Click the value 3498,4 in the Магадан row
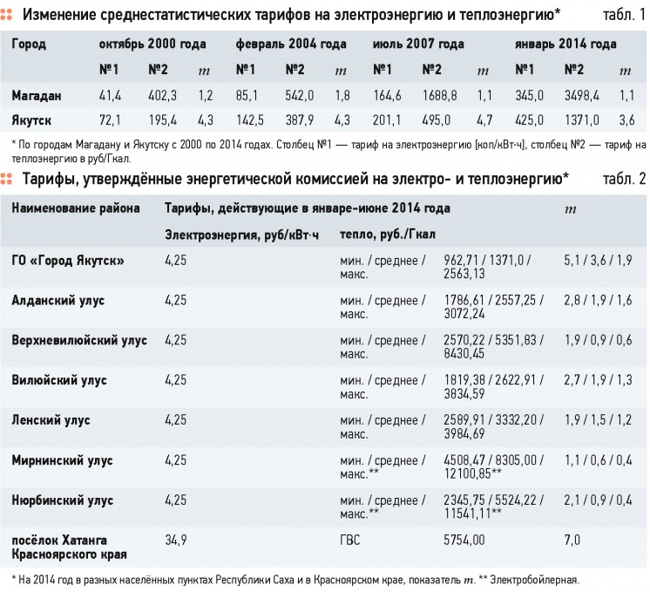pos(581,96)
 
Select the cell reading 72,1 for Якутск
pos(110,120)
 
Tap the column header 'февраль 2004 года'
pos(291,44)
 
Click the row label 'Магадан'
pos(37,96)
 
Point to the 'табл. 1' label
pos(625,15)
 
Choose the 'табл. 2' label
pos(625,179)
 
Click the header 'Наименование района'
pos(76,208)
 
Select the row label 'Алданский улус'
pos(58,300)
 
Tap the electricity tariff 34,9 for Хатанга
pos(176,541)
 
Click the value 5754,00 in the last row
pos(464,541)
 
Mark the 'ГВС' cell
pos(350,541)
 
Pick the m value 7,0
pos(572,541)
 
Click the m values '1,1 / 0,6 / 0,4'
pos(599,460)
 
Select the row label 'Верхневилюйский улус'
pos(79,341)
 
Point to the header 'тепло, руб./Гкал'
pos(388,235)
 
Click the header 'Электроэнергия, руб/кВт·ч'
pos(241,235)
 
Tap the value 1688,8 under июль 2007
pos(439,96)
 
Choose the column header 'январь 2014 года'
pos(565,44)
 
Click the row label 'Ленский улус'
pos(51,420)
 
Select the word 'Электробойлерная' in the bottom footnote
pos(534,580)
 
